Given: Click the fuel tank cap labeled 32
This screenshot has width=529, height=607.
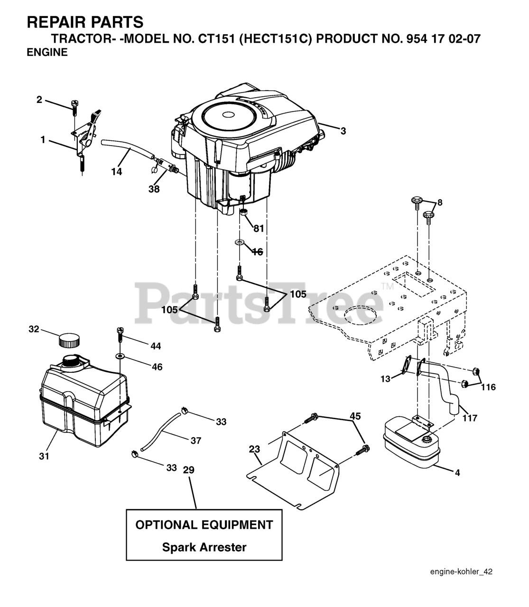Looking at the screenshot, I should click(x=69, y=340).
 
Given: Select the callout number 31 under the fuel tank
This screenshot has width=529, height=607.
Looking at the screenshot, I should click(x=44, y=456).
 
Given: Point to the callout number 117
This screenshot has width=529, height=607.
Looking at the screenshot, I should click(x=470, y=418).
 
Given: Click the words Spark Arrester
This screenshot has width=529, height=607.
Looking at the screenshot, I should click(x=204, y=547).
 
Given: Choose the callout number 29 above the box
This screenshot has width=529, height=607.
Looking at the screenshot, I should click(x=189, y=470).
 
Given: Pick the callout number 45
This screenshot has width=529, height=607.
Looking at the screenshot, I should click(x=355, y=416).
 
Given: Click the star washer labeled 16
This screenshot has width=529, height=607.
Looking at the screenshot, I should click(x=239, y=243).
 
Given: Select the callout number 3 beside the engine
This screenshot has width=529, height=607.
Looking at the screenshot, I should click(x=343, y=131).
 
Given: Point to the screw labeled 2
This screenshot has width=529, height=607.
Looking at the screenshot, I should click(x=74, y=106).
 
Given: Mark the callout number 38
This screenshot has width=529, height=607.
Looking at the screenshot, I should click(x=154, y=189).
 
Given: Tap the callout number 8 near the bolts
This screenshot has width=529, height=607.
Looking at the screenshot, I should click(x=440, y=202).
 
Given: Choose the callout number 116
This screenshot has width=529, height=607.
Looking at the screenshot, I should click(x=488, y=387).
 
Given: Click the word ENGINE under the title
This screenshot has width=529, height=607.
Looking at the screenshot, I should click(x=47, y=53).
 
